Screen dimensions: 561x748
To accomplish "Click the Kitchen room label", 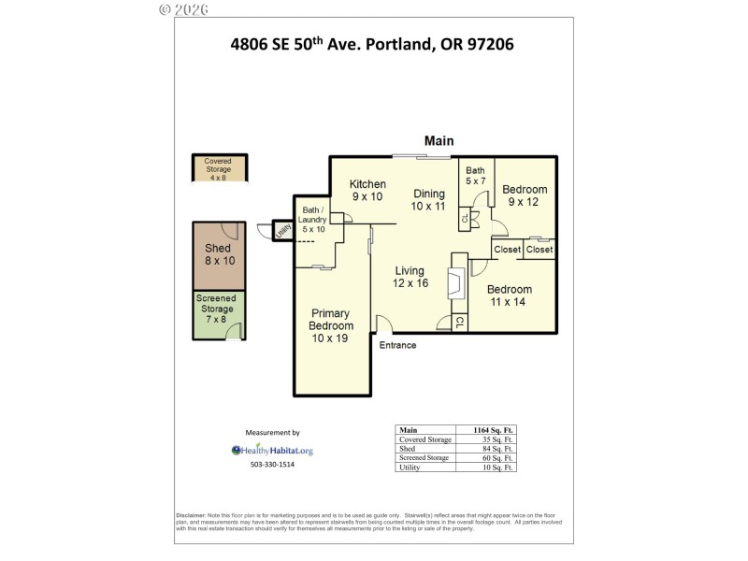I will tap(367, 190).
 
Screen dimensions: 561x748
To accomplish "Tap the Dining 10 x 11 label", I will tap(429, 199).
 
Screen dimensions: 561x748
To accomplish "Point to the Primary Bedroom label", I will tap(332, 325).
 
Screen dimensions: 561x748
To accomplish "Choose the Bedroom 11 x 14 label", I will tap(509, 295).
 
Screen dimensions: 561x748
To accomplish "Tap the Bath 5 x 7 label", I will tap(476, 175).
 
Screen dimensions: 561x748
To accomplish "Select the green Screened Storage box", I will tap(217, 314).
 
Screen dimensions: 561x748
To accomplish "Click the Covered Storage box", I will tap(218, 169).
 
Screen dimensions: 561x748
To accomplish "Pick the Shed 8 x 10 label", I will tap(218, 255).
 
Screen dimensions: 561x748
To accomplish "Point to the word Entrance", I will tap(397, 345).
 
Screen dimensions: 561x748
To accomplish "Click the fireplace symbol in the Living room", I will tap(457, 283).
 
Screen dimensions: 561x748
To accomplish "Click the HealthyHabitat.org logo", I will tap(272, 450).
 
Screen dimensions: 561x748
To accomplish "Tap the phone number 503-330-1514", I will tap(272, 465).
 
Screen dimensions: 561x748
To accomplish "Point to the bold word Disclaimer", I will tap(192, 515).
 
